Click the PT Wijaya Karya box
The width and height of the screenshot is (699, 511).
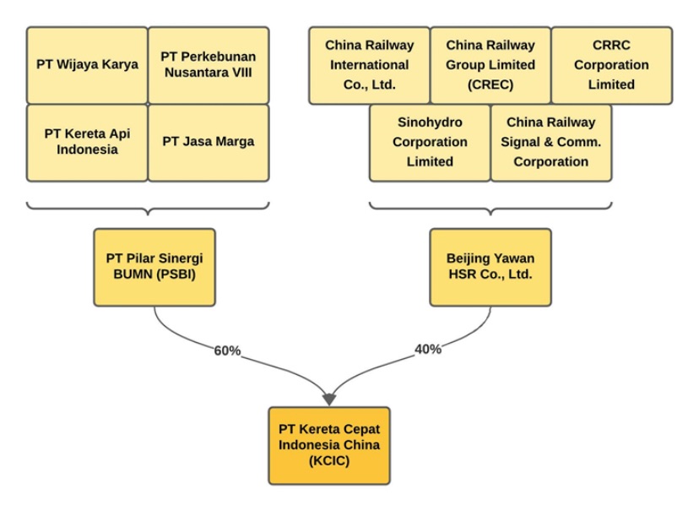(x=87, y=64)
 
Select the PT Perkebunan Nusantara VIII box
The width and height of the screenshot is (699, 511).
(x=209, y=64)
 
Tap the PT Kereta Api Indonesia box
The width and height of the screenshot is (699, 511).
(x=87, y=142)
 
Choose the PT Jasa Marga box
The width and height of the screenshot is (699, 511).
(x=209, y=142)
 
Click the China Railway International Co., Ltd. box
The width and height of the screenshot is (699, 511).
(x=369, y=65)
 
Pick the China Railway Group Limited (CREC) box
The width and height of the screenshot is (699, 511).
(x=490, y=65)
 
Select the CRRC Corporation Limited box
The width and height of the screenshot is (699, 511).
(x=611, y=65)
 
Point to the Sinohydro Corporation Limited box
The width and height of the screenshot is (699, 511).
(x=430, y=142)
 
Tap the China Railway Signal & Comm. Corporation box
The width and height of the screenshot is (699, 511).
(x=550, y=142)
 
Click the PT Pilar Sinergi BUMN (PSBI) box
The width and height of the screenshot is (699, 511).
(x=154, y=267)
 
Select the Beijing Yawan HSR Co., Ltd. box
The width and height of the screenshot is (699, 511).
(x=490, y=267)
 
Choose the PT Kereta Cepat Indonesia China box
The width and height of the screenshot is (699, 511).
(x=329, y=445)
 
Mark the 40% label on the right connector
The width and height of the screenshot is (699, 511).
(x=428, y=349)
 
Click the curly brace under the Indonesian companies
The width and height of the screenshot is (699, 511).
(x=148, y=208)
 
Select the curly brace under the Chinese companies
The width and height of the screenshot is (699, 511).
(x=490, y=208)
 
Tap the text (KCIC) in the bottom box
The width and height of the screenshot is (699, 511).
(x=329, y=462)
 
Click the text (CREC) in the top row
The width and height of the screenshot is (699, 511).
(x=490, y=84)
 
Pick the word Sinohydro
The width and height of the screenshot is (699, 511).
(x=430, y=122)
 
